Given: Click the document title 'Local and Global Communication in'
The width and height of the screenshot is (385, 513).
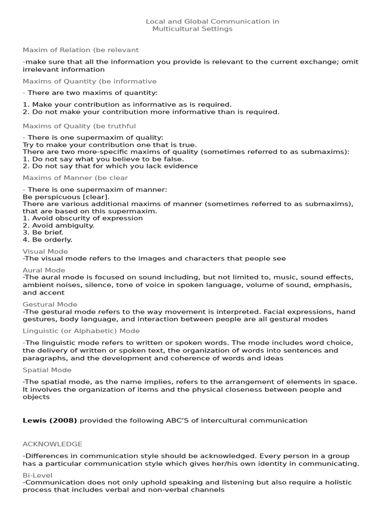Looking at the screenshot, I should (212, 22).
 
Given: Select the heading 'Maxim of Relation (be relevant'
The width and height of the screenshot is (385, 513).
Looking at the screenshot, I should (81, 50).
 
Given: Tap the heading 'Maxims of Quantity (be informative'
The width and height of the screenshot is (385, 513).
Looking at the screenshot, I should (90, 81).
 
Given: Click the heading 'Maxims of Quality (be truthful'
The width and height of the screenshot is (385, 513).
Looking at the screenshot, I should (79, 126).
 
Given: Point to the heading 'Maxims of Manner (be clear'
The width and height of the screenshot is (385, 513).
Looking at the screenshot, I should (75, 178).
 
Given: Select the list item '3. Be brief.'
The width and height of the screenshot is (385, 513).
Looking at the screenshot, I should (43, 232).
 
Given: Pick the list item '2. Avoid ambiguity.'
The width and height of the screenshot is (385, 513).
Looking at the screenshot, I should (58, 225).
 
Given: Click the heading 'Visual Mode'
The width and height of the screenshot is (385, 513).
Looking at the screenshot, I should (45, 251).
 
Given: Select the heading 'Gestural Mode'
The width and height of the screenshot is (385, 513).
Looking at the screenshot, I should (50, 304).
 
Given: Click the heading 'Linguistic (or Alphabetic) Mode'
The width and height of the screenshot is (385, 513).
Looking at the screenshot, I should (81, 331).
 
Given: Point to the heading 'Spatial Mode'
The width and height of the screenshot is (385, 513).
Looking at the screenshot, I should (47, 370).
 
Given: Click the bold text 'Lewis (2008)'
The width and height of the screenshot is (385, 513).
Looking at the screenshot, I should (50, 420).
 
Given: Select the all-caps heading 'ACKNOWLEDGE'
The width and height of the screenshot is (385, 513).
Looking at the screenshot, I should (53, 444).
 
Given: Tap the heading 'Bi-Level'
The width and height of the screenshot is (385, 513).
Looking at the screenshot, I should (36, 475).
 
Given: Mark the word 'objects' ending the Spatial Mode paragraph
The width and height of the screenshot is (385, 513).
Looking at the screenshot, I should (36, 397).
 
